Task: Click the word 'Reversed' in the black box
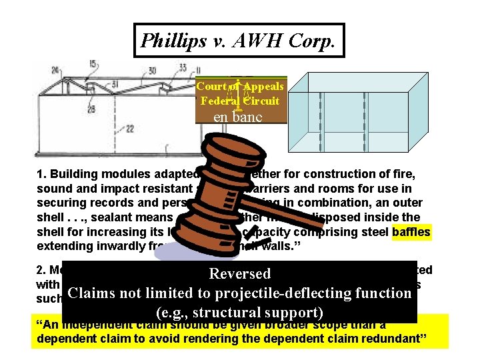(240, 274)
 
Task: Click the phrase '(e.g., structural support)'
(239, 312)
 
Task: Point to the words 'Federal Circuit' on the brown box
(240, 101)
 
